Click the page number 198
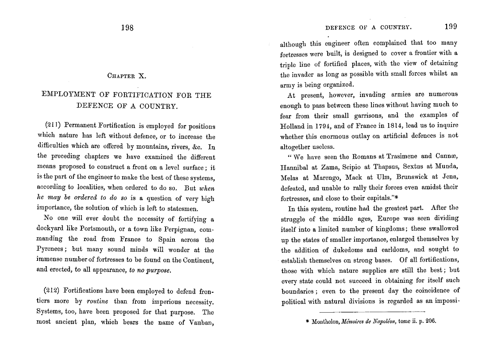127,27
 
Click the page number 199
451,27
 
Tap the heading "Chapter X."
126,76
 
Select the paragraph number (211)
53,126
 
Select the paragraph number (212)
53,291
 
